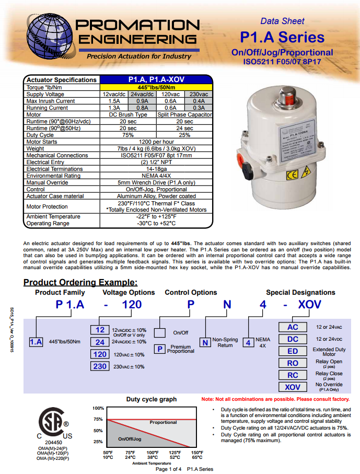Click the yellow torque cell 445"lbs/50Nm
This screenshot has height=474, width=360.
click(x=156, y=87)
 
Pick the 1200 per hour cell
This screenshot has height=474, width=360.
click(x=156, y=142)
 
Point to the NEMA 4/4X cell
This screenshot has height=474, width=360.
click(x=156, y=176)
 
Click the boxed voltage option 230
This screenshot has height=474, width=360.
click(x=100, y=366)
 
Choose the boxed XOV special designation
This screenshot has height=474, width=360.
click(x=293, y=387)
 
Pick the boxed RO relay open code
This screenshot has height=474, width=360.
click(x=293, y=363)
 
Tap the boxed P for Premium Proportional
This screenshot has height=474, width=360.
click(x=160, y=349)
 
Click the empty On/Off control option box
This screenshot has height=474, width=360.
click(x=160, y=332)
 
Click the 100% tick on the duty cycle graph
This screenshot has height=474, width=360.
click(x=98, y=408)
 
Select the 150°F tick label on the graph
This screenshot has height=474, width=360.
click(x=196, y=453)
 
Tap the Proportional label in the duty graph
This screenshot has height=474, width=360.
click(x=163, y=422)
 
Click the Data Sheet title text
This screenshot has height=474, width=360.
click(x=282, y=21)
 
